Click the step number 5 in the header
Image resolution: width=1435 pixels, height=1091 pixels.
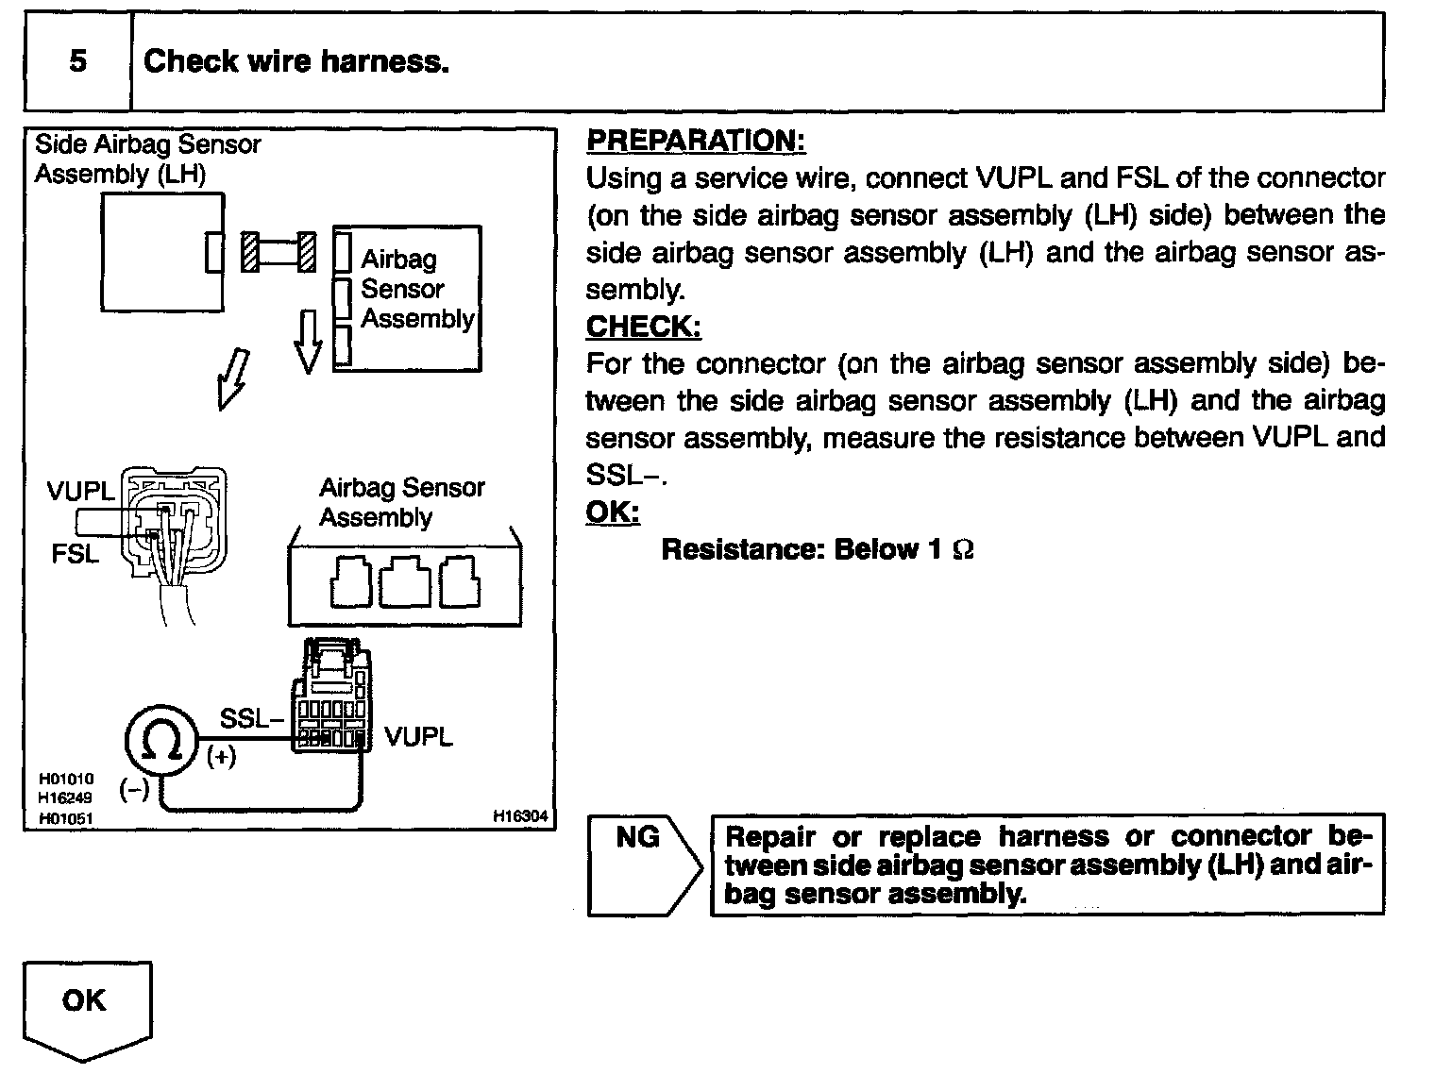[x=78, y=61]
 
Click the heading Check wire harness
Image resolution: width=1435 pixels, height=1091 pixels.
[x=295, y=62]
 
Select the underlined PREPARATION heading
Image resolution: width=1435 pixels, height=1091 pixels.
[x=696, y=141]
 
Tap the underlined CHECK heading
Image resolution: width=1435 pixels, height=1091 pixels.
[x=643, y=327]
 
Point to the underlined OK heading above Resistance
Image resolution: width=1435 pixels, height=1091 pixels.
[x=613, y=512]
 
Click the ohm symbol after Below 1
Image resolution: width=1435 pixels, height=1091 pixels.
[x=963, y=550]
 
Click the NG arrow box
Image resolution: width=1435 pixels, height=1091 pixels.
[x=642, y=864]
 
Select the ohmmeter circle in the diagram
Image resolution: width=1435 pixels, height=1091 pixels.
[x=160, y=744]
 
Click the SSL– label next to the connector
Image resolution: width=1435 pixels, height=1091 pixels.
[x=250, y=719]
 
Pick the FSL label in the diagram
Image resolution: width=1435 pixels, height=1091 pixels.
[x=75, y=554]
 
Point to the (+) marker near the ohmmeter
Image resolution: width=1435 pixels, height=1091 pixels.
[x=221, y=757]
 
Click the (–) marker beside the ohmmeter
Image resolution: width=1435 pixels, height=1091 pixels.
[x=134, y=791]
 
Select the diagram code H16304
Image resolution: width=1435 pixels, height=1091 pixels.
[x=520, y=817]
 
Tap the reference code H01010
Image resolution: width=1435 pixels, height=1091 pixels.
[x=65, y=780]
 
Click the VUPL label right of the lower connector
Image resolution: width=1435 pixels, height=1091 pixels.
[x=418, y=736]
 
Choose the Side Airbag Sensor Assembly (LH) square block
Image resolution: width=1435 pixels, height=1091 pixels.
[x=162, y=251]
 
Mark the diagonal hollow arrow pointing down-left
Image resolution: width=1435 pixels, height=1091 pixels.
[x=233, y=378]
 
